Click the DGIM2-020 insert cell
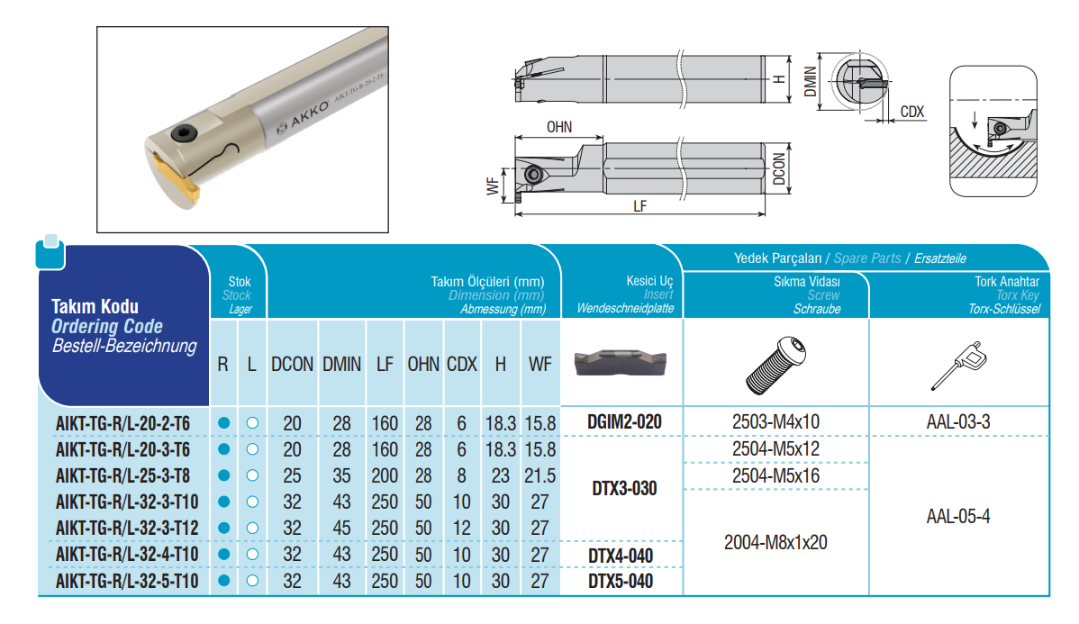click(x=624, y=421)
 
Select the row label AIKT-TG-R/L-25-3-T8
click(x=122, y=476)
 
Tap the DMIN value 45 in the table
click(x=341, y=529)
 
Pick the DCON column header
click(x=292, y=364)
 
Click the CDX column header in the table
click(x=462, y=364)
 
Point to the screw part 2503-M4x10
click(x=775, y=421)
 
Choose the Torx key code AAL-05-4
click(x=958, y=516)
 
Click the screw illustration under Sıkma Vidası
click(x=776, y=366)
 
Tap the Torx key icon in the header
click(x=958, y=366)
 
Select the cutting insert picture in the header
click(x=621, y=363)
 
